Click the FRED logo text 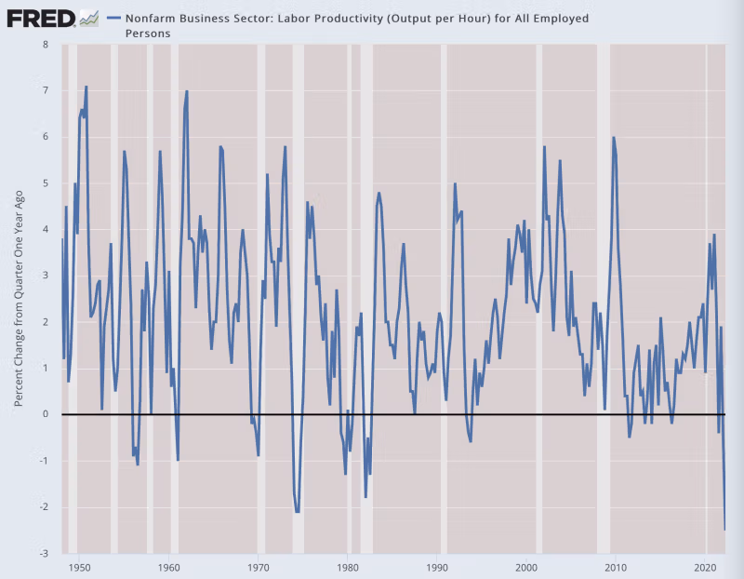pos(41,17)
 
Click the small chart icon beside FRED pos(89,17)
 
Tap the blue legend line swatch pos(113,18)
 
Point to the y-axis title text pos(19,298)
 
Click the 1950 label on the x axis pos(79,566)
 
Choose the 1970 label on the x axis pos(258,566)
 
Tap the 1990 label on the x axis pos(436,566)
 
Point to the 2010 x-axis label pos(615,566)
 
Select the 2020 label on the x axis pos(704,566)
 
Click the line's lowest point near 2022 pos(724,530)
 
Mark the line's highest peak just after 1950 pos(86,87)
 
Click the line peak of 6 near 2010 pos(614,138)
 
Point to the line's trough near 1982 pos(365,497)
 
